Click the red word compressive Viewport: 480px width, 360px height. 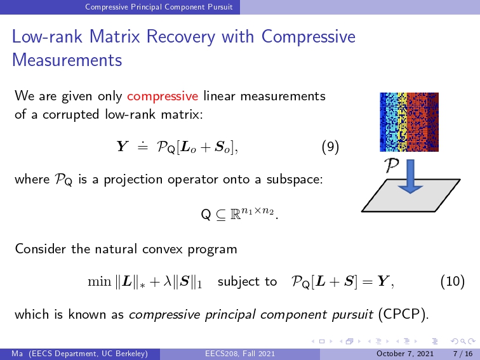(x=163, y=97)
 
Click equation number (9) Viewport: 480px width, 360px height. (x=330, y=147)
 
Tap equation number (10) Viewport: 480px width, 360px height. (x=453, y=281)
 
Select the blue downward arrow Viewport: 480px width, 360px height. (x=410, y=177)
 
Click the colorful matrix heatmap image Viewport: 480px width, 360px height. (x=409, y=122)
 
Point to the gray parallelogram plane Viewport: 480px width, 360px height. (x=411, y=196)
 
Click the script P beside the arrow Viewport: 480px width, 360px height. (x=392, y=165)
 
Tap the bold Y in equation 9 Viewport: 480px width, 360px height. (x=122, y=146)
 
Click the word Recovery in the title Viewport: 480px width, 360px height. (x=181, y=36)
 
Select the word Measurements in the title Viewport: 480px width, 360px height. (x=67, y=60)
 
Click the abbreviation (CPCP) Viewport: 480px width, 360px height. (x=403, y=314)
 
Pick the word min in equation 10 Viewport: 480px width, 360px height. (x=99, y=282)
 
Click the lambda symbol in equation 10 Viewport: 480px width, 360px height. (x=167, y=281)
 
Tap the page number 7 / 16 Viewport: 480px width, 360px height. (x=463, y=354)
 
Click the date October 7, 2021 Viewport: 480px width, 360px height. (x=405, y=354)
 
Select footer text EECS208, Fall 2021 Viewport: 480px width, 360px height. (x=240, y=354)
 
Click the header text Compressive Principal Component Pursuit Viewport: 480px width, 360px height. (x=159, y=7)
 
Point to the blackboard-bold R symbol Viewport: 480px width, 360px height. (x=235, y=215)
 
